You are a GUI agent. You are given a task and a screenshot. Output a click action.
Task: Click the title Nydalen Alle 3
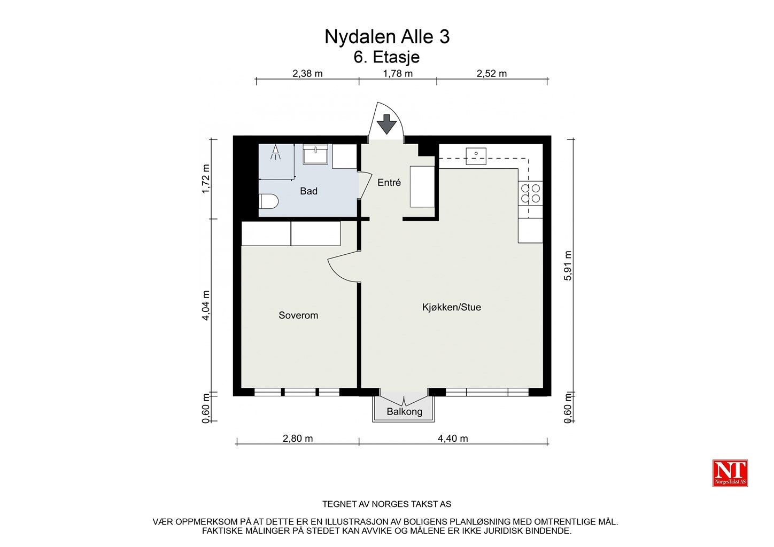coord(386,37)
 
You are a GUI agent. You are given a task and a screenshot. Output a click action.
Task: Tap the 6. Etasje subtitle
coord(386,57)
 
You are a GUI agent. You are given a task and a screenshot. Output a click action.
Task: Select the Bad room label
coord(308,191)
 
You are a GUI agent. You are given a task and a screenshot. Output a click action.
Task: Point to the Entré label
coord(389,183)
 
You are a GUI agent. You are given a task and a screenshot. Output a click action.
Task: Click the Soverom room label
coord(298,316)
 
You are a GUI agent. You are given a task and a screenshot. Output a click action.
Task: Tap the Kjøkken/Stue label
coord(451,308)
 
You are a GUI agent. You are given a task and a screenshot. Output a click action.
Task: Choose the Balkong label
coord(404,412)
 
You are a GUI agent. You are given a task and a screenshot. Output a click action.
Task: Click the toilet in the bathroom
coord(268,202)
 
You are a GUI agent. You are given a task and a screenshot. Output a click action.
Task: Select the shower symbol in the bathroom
coord(276,153)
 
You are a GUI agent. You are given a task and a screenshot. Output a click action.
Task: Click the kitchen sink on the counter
coord(476,154)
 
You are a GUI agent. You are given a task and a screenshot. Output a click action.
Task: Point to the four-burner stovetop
coord(530,193)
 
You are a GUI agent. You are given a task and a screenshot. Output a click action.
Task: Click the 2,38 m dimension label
coord(307,74)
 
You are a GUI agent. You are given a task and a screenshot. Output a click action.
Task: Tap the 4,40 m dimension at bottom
coord(452,439)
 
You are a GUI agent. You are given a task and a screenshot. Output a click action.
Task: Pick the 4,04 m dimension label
coord(206,306)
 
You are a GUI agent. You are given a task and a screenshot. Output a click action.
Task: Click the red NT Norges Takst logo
coord(730,473)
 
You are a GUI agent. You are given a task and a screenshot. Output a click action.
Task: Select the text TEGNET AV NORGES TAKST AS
coord(386,504)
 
